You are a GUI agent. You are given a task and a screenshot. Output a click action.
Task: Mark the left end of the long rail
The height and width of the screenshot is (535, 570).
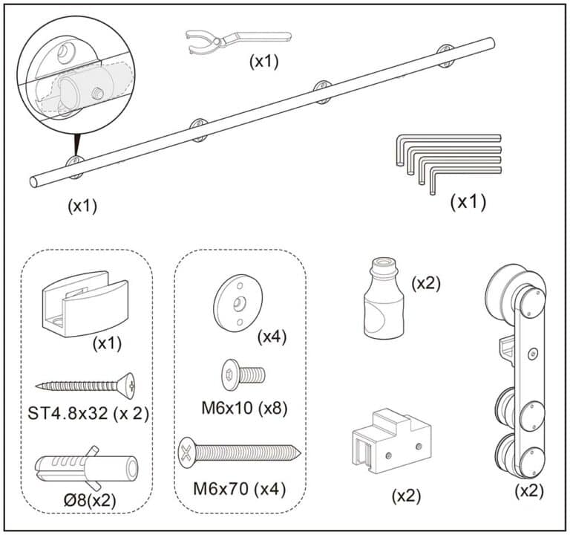pyautogui.click(x=34, y=181)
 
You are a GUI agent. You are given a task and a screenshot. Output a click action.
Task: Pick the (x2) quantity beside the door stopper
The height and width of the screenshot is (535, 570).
pyautogui.click(x=426, y=283)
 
